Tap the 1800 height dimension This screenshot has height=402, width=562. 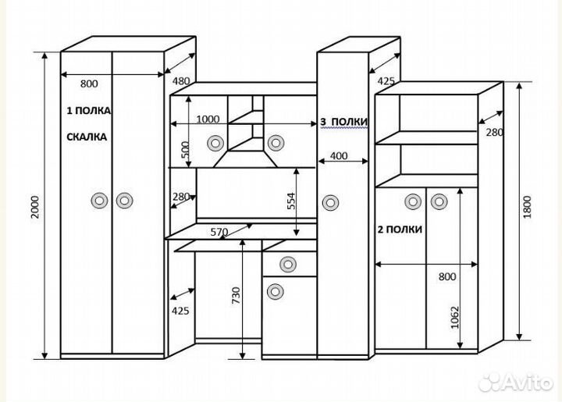coord(528,206)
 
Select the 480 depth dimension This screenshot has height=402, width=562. coord(181,80)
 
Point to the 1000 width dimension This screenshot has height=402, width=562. coord(208,120)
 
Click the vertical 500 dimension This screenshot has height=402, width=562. coord(185,150)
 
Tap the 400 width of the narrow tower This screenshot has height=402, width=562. coord(339,156)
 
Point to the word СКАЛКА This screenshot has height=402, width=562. coord(87,137)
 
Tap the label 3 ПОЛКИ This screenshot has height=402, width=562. coord(344,123)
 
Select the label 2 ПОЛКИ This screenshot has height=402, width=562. coord(400,229)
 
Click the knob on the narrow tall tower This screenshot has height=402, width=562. coord(332,203)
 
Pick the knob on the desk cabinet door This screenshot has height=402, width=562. coord(275,293)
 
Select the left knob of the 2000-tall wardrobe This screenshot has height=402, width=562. coord(99,201)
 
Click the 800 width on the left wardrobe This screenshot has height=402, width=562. coord(88,83)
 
